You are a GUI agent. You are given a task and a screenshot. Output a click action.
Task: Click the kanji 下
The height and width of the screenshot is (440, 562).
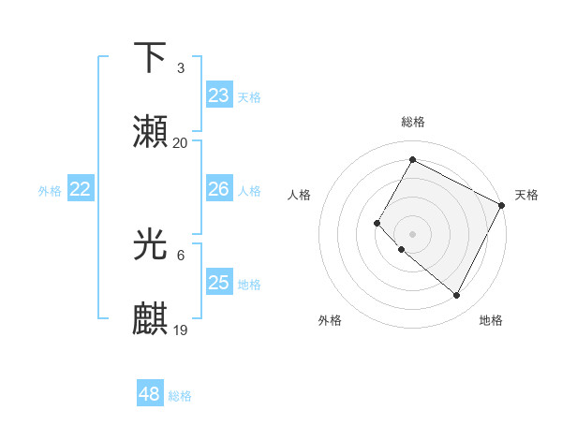pos(150,58)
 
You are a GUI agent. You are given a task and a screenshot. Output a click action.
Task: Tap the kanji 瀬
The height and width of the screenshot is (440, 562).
pos(150,133)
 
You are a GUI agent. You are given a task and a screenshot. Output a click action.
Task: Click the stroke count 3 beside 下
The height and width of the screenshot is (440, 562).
pos(180,68)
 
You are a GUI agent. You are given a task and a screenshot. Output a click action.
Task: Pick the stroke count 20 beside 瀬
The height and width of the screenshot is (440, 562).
pos(180,143)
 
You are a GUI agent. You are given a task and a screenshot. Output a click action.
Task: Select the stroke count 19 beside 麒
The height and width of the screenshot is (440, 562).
pos(181,330)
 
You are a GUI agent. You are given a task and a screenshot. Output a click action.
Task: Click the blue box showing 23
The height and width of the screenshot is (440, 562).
pos(219,95)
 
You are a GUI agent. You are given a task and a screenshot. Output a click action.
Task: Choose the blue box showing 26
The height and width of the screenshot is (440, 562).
pos(219,189)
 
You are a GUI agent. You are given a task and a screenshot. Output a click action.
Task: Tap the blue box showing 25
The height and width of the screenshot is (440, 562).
pos(219,283)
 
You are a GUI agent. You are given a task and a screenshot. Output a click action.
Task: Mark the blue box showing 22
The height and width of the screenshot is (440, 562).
pos(81,189)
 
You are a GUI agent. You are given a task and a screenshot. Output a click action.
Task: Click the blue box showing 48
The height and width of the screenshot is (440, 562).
pos(150,394)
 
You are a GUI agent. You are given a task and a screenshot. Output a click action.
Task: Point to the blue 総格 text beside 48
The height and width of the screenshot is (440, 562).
pos(180,396)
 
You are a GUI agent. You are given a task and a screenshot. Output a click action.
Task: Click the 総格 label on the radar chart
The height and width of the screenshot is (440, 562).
pos(413,122)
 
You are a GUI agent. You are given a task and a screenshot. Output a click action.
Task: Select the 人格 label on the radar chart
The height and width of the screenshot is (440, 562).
pos(299,195)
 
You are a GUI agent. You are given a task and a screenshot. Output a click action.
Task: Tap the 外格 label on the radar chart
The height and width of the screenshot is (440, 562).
pos(330,320)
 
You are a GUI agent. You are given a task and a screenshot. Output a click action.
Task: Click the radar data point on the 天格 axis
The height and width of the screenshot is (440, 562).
pos(502,205)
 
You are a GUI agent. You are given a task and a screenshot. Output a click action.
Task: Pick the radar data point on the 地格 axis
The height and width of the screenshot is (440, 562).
pos(457,295)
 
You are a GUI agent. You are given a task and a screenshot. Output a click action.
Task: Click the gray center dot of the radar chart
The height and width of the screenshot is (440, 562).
pos(412,234)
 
